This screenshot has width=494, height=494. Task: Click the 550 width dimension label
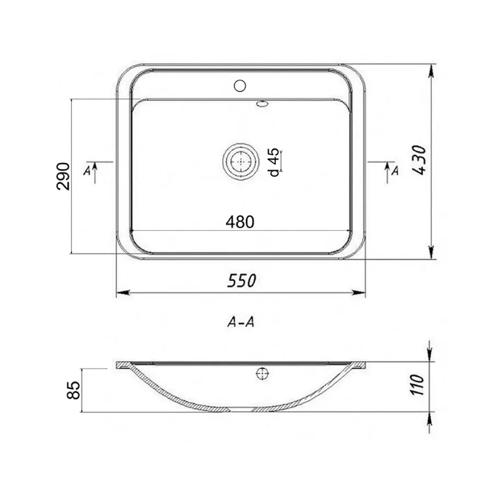click(x=241, y=280)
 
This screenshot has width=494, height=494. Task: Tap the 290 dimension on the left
click(x=64, y=176)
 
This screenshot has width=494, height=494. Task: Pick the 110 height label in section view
click(x=420, y=386)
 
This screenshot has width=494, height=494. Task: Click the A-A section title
click(x=240, y=323)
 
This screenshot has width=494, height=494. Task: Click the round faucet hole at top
click(x=240, y=86)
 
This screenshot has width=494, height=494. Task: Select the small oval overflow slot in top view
click(x=263, y=102)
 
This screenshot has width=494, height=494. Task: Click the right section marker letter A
click(x=394, y=172)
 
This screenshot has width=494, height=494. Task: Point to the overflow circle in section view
click(x=261, y=374)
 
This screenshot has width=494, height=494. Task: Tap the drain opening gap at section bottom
click(x=241, y=410)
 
